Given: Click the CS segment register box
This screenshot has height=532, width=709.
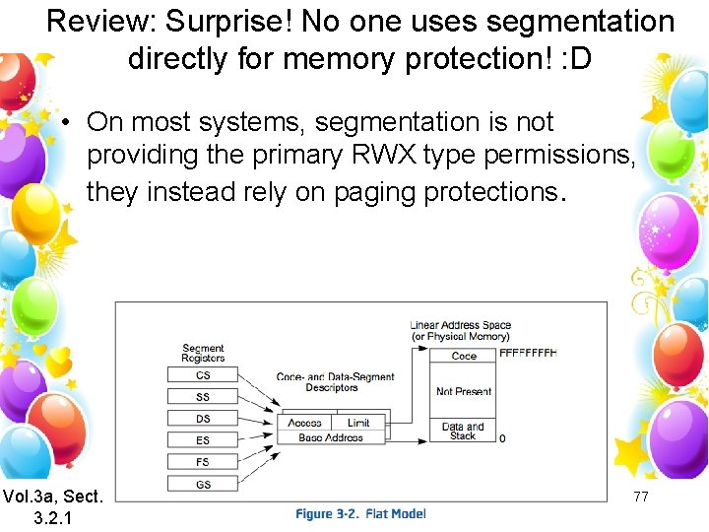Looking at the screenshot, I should coord(203,375).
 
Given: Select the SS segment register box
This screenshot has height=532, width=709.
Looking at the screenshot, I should coord(203,397).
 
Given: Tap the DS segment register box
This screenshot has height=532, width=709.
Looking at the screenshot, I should coord(203,419).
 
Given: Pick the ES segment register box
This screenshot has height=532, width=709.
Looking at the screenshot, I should coord(203,440).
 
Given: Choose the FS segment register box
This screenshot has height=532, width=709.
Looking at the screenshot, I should coord(203,462).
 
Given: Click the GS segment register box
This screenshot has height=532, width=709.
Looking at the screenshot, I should coord(203,484).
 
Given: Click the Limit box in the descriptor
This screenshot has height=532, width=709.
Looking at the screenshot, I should coord(358,423).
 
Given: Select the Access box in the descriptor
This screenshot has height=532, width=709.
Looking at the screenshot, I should coord(305,423).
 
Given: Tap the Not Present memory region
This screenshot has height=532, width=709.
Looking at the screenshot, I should coord(464,391).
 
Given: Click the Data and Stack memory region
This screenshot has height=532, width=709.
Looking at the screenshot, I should coord(464,431).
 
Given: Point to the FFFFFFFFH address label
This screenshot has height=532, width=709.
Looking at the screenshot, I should coord(528,353).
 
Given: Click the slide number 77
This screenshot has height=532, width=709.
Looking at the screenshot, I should coord(641,497).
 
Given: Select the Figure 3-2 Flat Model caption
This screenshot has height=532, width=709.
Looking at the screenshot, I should coord(360,514).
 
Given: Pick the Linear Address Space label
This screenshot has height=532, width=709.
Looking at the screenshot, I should coord(461,325).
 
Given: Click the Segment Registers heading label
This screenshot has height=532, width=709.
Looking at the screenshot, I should coord(203,353).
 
